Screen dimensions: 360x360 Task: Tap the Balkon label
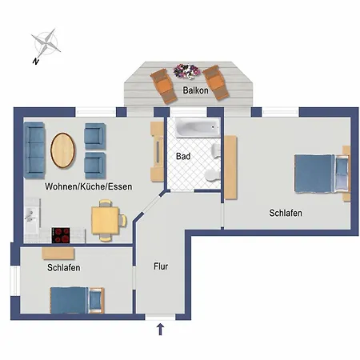[195, 90]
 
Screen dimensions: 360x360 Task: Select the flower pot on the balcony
[187, 71]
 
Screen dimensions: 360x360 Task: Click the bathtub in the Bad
[198, 127]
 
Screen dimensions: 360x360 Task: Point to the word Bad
[183, 156]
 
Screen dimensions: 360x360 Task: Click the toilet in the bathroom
[212, 175]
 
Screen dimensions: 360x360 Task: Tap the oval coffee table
[63, 150]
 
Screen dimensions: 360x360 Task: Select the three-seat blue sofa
[34, 150]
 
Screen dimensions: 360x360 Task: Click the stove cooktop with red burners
[61, 235]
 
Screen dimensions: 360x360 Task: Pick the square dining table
[105, 220]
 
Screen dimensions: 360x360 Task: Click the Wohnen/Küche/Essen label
[89, 186]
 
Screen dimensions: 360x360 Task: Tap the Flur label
[161, 266]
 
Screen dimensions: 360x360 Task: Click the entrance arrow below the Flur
[160, 330]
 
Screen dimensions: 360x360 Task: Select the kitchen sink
[32, 216]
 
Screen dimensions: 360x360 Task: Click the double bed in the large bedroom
[322, 174]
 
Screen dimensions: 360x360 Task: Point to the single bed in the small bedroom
[77, 300]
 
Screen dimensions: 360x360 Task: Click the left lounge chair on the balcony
[164, 86]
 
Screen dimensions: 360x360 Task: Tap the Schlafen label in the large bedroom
[286, 213]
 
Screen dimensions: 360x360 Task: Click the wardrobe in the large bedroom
[230, 167]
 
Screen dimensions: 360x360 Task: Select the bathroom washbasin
[215, 150]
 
